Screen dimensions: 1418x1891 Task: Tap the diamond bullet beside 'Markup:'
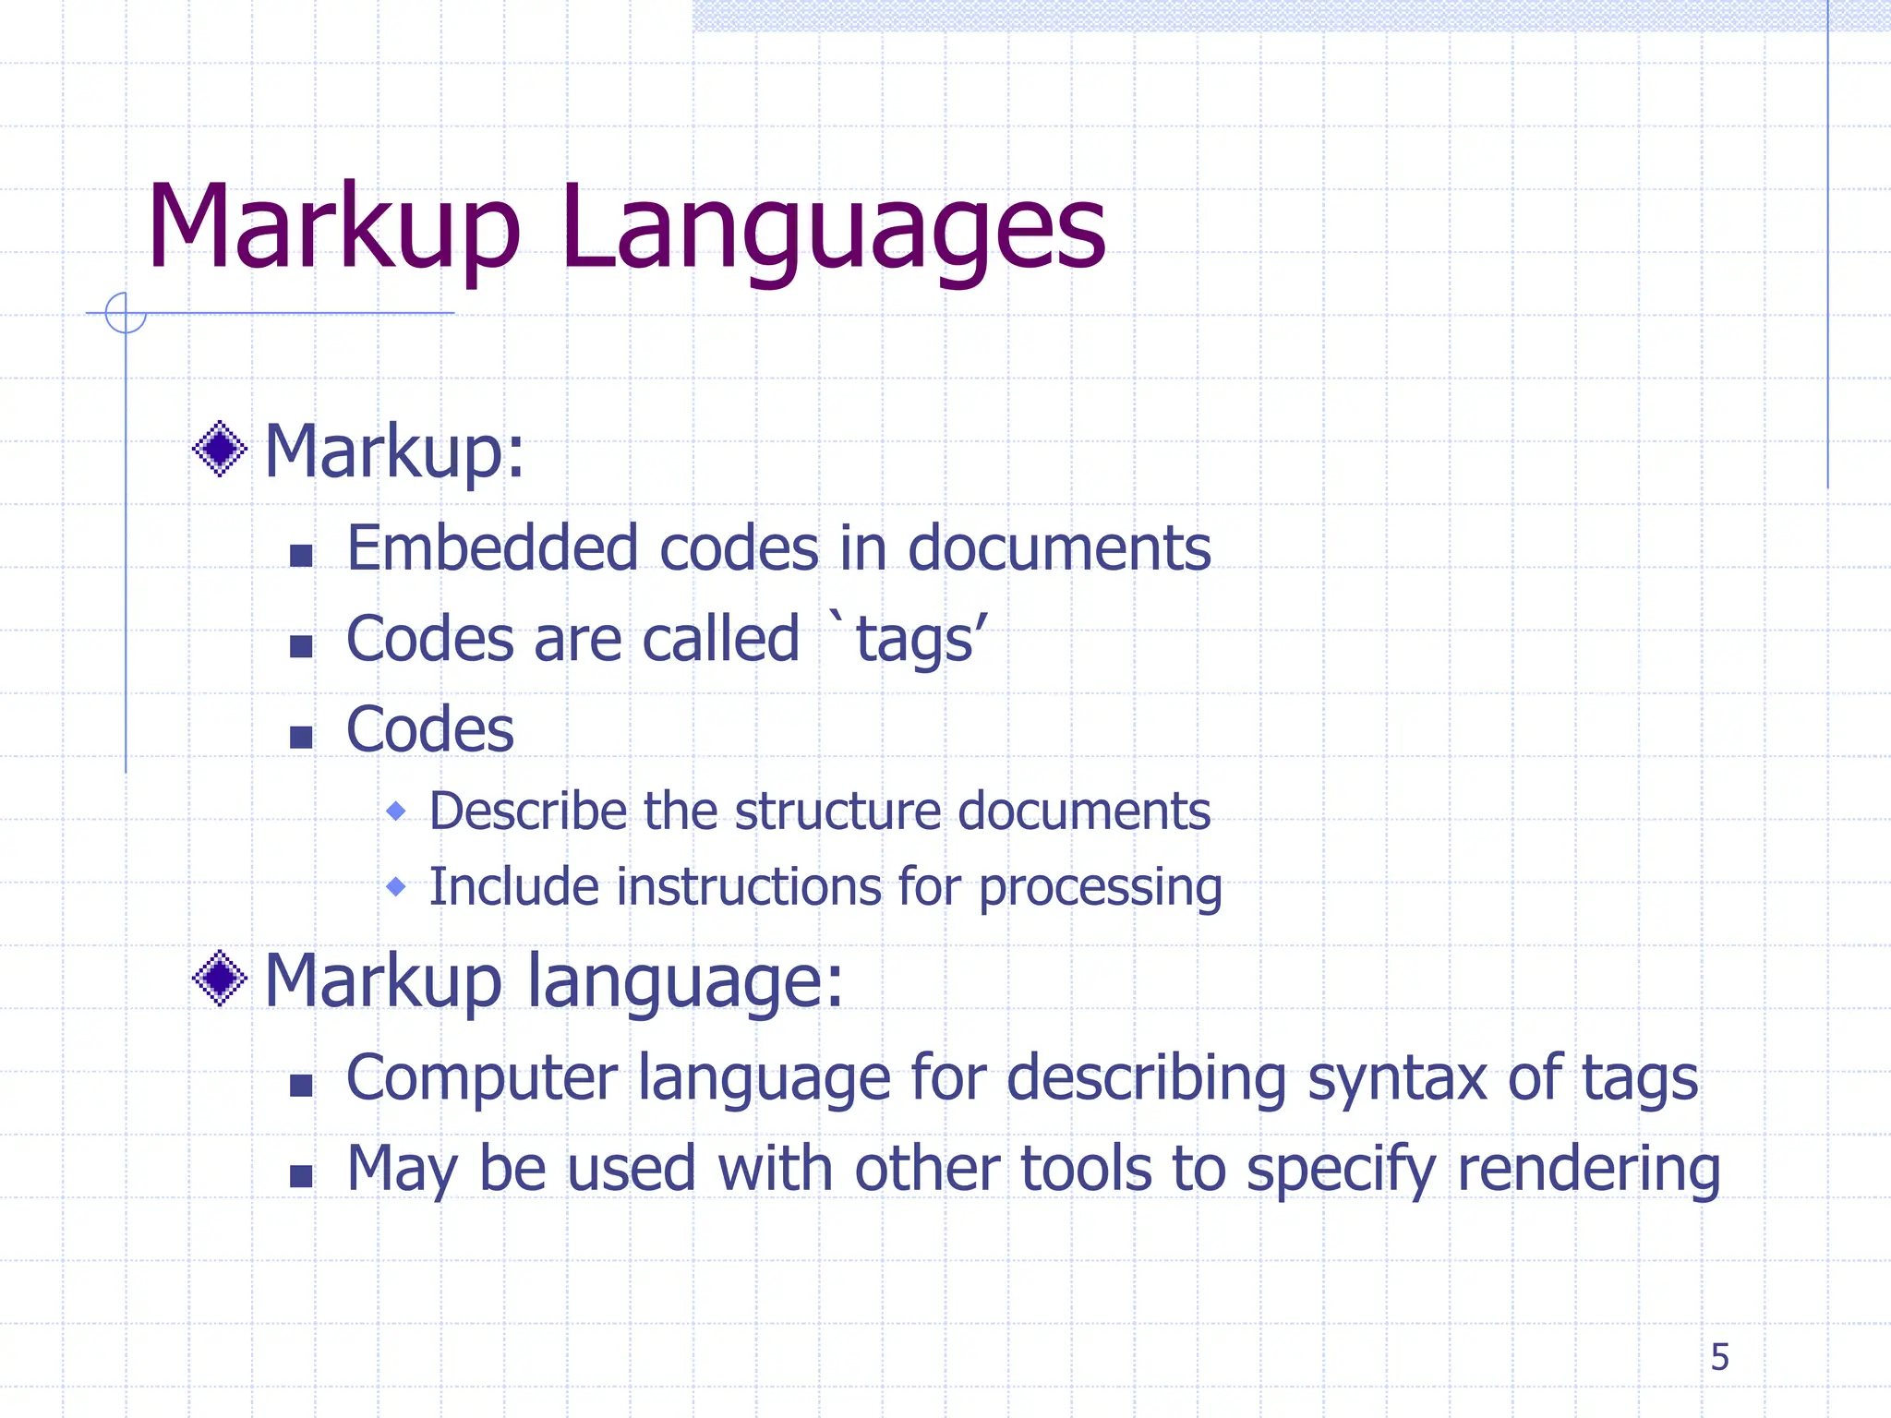220,450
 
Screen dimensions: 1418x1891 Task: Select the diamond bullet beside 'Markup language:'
220,979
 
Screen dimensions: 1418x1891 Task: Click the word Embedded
491,548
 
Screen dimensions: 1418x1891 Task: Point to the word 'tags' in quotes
914,640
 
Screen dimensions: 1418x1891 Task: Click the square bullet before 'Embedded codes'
301,556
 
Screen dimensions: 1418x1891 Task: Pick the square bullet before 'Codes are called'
301,646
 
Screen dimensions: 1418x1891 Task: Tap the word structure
837,811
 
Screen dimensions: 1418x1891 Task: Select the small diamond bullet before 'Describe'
396,811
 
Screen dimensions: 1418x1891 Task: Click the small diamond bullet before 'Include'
396,887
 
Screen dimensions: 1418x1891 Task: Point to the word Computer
481,1078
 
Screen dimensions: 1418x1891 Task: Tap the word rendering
1588,1170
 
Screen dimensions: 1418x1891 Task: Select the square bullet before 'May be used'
301,1176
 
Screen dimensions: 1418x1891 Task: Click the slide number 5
1719,1357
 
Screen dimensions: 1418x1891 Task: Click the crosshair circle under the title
126,313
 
